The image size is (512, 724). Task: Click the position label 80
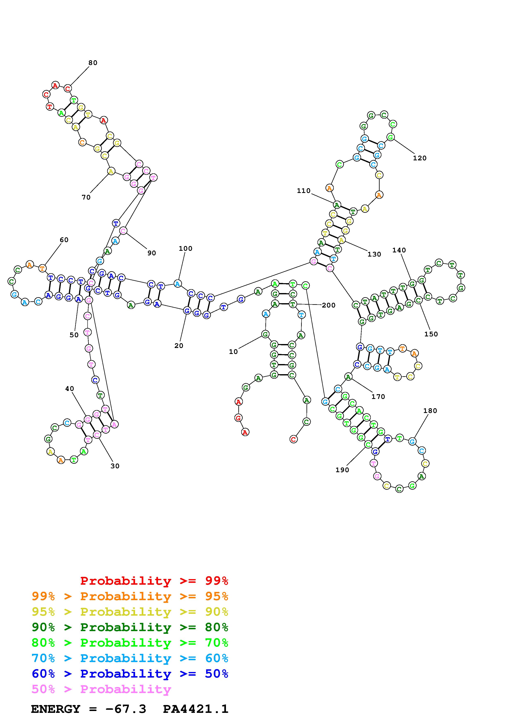(93, 63)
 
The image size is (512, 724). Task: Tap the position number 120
(419, 158)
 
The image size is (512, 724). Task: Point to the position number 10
(233, 352)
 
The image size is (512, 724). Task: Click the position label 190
(342, 470)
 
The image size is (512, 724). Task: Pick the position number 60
(64, 240)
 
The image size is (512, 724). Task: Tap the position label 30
(115, 466)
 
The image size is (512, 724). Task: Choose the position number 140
(399, 250)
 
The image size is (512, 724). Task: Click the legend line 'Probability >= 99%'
(154, 581)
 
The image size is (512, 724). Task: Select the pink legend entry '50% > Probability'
(101, 689)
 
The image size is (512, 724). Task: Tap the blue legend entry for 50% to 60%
(130, 674)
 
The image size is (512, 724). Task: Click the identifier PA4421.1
(196, 709)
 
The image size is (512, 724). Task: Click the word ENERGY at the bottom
(56, 709)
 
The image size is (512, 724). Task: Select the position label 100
(185, 248)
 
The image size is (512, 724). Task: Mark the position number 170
(378, 397)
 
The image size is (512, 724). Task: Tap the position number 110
(303, 191)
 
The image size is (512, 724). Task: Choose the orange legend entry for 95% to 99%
(130, 596)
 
